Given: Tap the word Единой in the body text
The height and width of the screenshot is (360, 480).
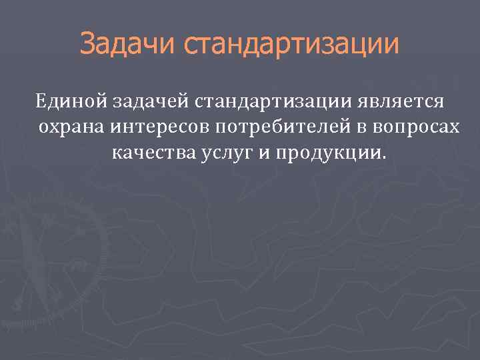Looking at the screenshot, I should click(x=67, y=102).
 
